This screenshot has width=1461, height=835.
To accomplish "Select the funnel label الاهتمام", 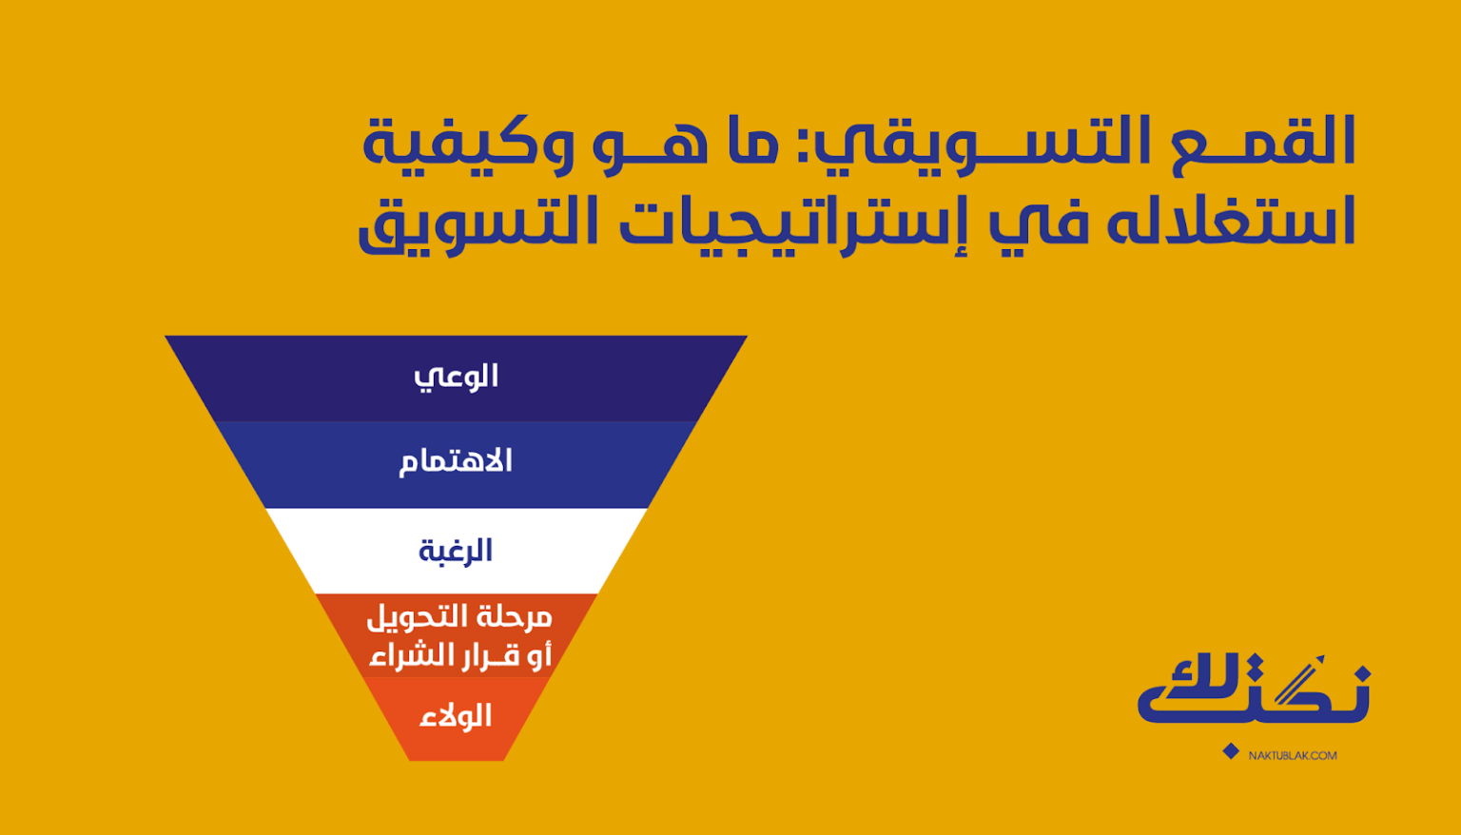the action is point(456,462).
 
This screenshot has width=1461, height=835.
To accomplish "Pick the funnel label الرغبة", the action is point(456,552).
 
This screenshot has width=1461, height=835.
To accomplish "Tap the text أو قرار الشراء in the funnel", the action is point(460,655).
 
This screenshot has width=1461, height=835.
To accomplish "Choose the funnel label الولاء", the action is point(456,716).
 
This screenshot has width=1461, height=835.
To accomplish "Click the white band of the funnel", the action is point(456,552).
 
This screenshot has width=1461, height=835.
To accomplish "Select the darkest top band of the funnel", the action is point(456,379).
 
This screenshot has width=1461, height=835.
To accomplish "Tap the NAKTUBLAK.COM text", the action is point(1292,755).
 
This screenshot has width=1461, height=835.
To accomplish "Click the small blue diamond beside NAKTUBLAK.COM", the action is point(1231,751).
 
